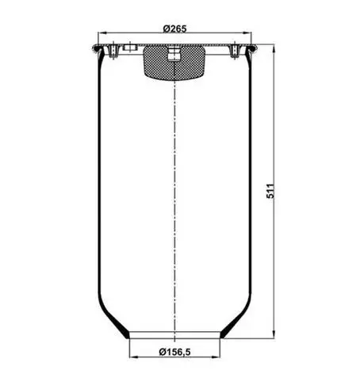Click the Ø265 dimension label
click(174, 29)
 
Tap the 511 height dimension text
click(270, 191)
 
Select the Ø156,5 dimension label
click(174, 352)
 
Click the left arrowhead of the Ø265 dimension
click(101, 33)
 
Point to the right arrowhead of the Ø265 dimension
click(247, 33)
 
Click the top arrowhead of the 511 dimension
click(274, 48)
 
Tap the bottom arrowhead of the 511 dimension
click(274, 334)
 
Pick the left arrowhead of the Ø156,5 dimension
click(133, 357)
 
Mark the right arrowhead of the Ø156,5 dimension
click(216, 357)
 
